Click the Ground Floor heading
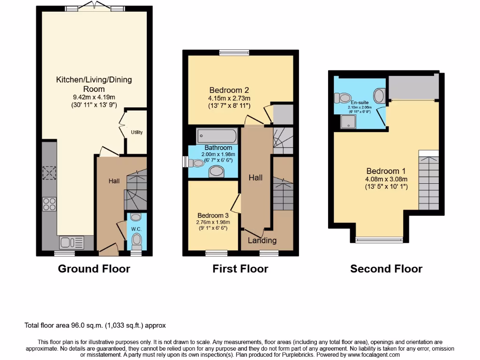tap(94, 269)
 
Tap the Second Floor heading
tap(386, 269)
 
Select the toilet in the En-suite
tap(343, 98)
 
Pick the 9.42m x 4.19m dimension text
tap(94, 97)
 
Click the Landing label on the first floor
tap(262, 240)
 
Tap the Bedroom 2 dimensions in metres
tap(230, 98)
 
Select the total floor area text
tap(95, 325)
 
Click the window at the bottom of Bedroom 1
tap(379, 240)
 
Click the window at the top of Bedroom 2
tap(234, 52)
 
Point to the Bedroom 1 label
tap(386, 171)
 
